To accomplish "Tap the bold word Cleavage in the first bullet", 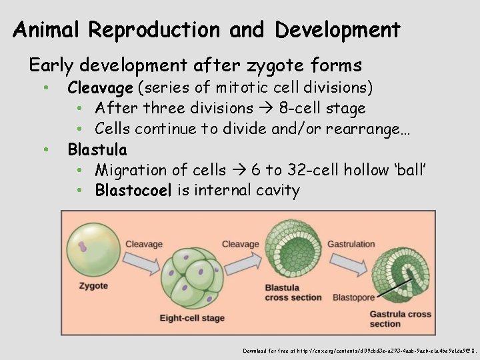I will coord(101,88).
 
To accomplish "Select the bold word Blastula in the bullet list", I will coord(97,149).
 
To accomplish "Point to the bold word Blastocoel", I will coord(133,191).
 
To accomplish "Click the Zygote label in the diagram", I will coord(93,286).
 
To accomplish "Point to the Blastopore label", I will coord(353,297).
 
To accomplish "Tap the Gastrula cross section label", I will coord(400,319).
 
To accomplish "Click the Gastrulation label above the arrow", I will coord(351,244).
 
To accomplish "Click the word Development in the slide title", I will coord(337,30).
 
